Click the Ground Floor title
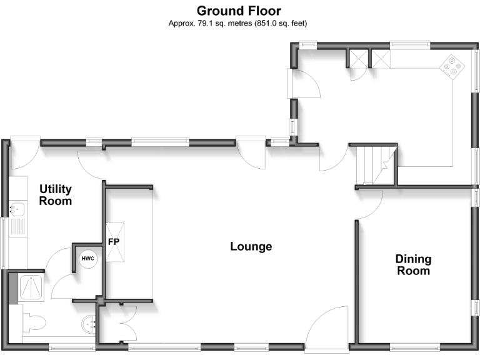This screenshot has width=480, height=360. click(x=239, y=11)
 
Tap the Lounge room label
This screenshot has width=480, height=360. click(x=251, y=246)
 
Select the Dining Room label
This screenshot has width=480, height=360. click(x=413, y=265)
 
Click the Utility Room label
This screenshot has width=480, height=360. click(x=56, y=195)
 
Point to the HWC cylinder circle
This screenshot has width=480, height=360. click(x=88, y=259)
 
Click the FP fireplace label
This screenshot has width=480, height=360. click(x=114, y=242)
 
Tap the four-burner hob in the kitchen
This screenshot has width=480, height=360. click(x=452, y=65)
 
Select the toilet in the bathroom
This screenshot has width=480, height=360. click(x=34, y=322)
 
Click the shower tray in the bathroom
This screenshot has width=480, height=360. click(x=31, y=287)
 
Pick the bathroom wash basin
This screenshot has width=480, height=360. click(x=89, y=324)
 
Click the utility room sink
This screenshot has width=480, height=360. click(x=17, y=209)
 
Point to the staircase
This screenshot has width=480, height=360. click(x=376, y=165)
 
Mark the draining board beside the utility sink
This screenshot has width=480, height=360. click(x=17, y=227)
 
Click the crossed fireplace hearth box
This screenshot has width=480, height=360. click(x=115, y=242)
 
